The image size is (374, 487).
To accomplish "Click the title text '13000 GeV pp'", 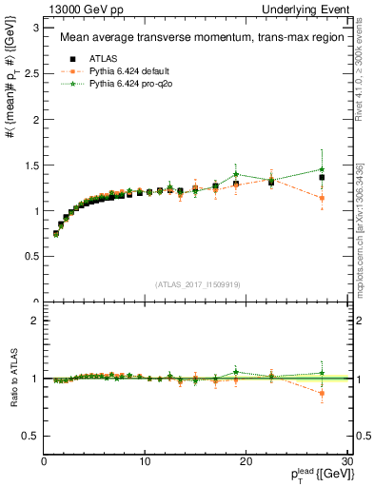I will click(x=77, y=9).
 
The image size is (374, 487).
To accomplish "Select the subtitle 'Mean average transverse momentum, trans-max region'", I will click(x=196, y=39).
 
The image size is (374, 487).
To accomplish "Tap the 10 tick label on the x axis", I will click(x=145, y=462).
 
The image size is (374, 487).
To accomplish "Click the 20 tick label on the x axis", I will click(x=246, y=462).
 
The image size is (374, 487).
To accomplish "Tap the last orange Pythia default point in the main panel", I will click(x=322, y=198).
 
